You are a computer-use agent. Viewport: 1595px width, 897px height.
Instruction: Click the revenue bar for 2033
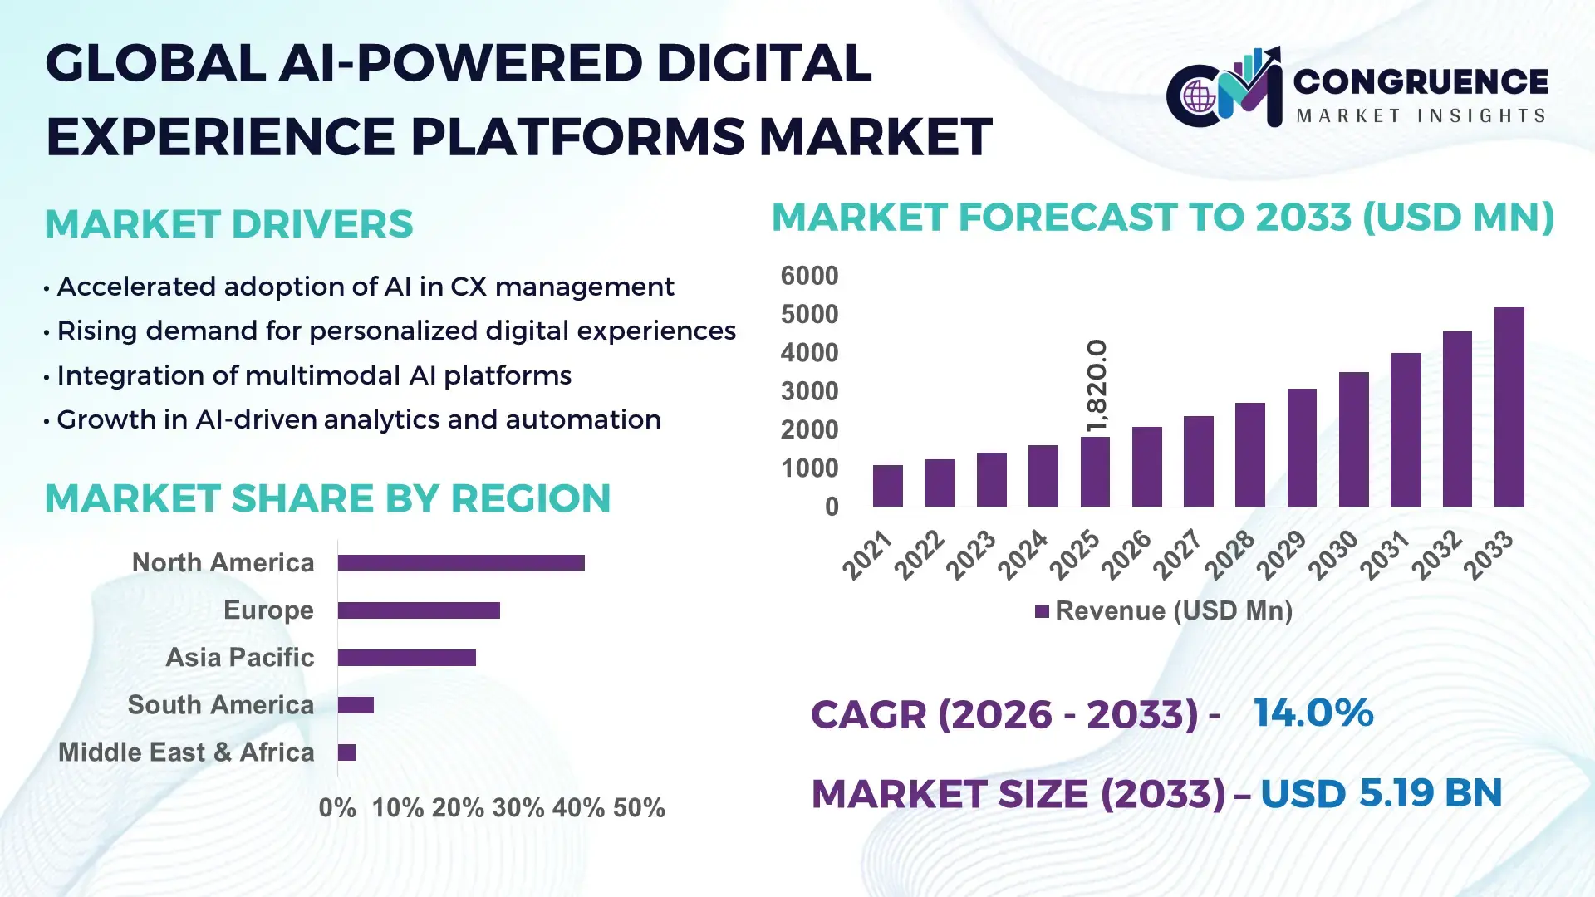tap(1509, 407)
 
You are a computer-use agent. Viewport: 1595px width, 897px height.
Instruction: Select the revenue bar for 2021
tap(887, 486)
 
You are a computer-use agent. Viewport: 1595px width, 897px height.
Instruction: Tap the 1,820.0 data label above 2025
tap(1097, 386)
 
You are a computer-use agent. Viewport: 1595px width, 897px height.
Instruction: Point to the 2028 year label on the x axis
tap(1229, 555)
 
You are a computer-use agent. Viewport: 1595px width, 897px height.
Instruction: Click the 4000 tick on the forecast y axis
tap(809, 353)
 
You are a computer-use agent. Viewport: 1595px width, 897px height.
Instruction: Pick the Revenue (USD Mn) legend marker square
tap(1042, 611)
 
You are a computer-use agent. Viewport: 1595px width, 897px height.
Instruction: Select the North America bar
tap(461, 563)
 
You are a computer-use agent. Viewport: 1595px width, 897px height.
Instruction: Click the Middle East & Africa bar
tap(346, 752)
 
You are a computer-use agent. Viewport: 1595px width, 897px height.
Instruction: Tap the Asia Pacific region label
tap(239, 658)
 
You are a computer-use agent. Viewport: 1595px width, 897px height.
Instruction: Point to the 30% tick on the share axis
tap(518, 807)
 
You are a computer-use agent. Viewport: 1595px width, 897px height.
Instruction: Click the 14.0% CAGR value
tap(1313, 713)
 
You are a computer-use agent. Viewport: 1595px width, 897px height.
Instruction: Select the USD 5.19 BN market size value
tap(1381, 793)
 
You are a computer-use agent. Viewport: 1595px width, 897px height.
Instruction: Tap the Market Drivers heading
tap(228, 224)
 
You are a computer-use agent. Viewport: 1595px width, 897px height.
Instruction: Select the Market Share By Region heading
tap(327, 498)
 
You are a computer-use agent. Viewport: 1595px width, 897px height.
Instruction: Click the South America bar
tap(356, 705)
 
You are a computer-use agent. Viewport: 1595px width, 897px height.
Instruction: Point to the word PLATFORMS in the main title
tap(577, 137)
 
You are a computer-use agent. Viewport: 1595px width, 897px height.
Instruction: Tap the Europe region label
tap(268, 610)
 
